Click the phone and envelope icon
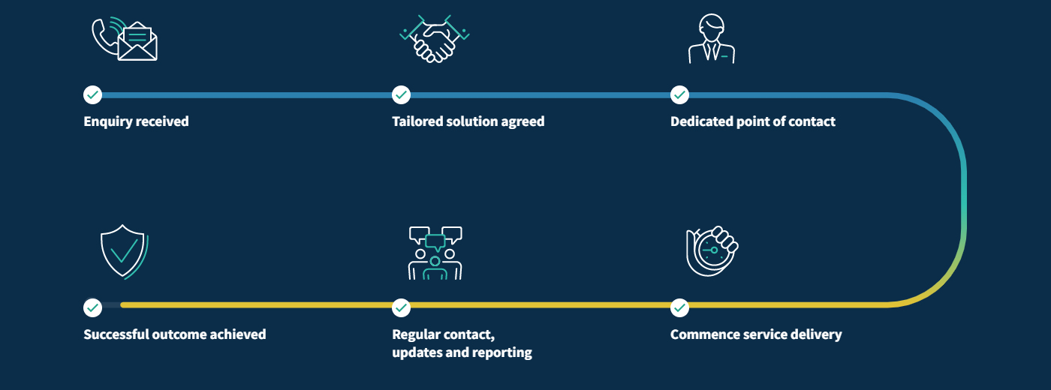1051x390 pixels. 124,39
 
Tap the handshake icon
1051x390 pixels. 434,39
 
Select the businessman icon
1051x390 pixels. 711,40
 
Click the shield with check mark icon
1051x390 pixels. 123,250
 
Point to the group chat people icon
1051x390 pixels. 435,253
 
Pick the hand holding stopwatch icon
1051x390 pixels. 712,250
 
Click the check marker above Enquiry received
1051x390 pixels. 92,95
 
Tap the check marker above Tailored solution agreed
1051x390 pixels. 402,95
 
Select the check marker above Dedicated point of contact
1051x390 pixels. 679,95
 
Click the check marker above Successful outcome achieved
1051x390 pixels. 92,307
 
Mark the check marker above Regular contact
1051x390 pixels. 402,307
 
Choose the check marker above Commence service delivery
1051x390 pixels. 679,307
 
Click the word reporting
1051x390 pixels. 501,352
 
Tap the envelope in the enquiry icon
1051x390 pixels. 137,44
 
